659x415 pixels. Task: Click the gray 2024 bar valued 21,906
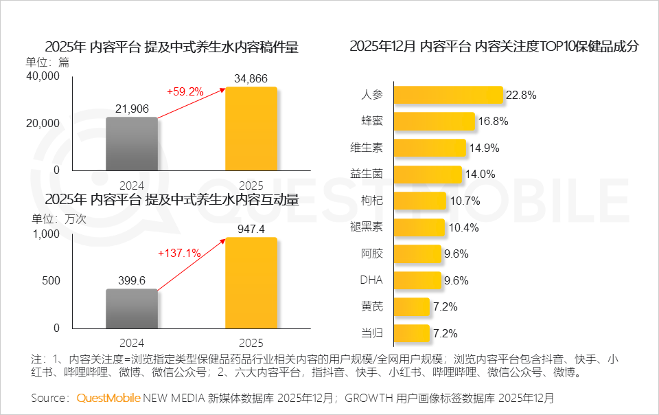[132, 143]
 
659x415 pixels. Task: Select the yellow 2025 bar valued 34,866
[251, 128]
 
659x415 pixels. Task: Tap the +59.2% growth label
[185, 91]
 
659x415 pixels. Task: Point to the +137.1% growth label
[179, 253]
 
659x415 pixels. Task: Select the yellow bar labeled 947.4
[251, 282]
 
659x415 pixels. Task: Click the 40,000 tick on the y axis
[43, 76]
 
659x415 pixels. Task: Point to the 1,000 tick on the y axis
[47, 234]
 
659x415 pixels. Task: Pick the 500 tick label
[51, 281]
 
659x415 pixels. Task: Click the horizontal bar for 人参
[450, 96]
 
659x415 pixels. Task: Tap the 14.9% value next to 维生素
[484, 148]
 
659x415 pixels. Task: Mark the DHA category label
[371, 280]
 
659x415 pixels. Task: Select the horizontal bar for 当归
[413, 333]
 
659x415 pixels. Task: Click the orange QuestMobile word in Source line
[108, 398]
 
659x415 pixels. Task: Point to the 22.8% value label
[520, 96]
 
